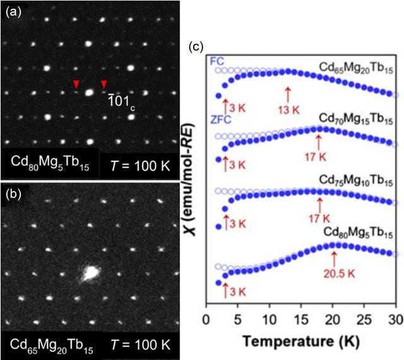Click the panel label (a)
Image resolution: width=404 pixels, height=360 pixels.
coord(13,13)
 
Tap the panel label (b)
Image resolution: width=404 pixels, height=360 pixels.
coord(13,194)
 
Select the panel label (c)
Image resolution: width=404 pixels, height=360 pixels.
coord(196,47)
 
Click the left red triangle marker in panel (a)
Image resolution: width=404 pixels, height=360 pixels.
coord(76,84)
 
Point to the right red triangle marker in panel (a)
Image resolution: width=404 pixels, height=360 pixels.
coord(104,84)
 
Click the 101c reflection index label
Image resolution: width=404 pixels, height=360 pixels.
coord(121,102)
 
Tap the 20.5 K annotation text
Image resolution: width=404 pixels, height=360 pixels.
coord(339,274)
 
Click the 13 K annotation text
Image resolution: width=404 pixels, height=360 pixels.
coord(288,110)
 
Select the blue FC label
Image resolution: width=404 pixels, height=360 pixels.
coord(217,62)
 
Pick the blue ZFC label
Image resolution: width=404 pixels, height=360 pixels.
coord(221,120)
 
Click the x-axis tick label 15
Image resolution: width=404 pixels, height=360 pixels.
coord(301,320)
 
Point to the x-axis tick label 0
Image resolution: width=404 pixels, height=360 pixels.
coord(206,320)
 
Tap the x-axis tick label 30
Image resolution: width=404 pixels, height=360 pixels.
coord(396,320)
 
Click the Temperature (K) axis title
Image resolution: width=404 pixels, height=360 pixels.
coord(301,342)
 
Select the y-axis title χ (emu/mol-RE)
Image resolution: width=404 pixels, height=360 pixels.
coord(191,180)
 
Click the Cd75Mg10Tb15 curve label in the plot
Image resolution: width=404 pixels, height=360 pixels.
coord(356,180)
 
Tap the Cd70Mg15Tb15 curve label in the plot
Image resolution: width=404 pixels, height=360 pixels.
coord(356,119)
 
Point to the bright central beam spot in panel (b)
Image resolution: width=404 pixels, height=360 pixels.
coord(90,272)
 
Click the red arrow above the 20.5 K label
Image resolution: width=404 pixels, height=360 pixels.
coord(334,260)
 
